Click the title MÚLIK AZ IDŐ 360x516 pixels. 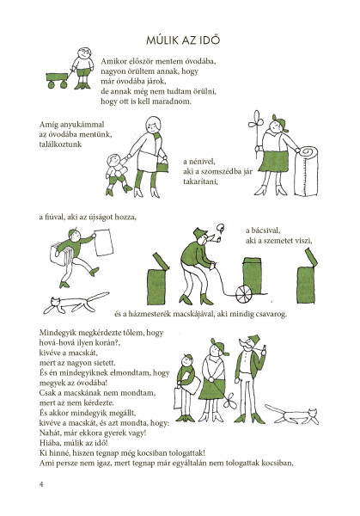[183, 40]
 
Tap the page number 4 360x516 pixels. [41, 484]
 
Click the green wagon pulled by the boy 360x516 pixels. [58, 80]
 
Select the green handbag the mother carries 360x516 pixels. [162, 166]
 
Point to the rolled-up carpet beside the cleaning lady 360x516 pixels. [306, 172]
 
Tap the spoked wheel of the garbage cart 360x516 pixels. [244, 294]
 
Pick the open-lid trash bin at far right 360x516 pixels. [308, 276]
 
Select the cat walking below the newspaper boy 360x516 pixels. [75, 303]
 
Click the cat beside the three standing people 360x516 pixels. [292, 415]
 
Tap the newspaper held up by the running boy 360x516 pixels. [104, 243]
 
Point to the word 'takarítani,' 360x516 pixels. [201, 181]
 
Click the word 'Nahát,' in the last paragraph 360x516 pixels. [50, 433]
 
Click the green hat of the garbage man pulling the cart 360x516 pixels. [200, 233]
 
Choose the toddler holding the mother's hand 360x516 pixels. [118, 175]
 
